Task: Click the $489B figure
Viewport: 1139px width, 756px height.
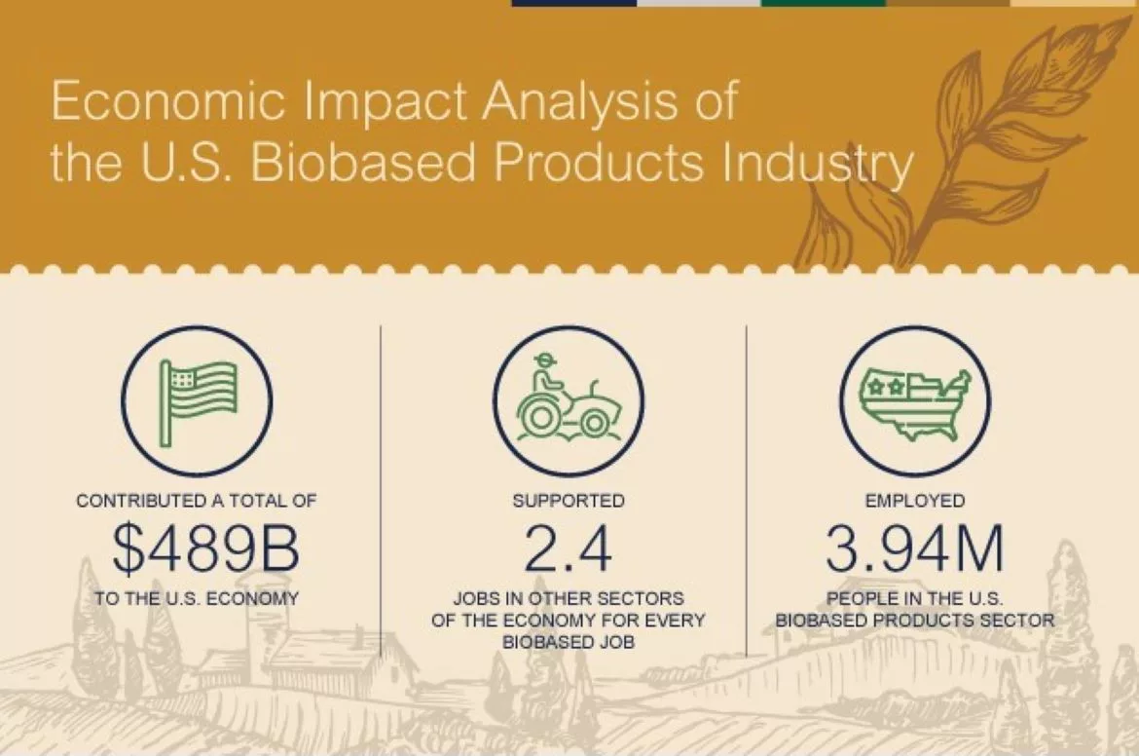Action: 205,549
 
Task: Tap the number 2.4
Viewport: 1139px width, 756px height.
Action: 569,549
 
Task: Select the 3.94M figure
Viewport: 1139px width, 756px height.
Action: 914,549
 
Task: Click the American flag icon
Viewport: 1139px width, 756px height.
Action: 199,400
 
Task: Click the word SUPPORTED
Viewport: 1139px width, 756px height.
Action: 569,501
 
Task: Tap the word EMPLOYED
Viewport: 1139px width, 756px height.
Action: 915,501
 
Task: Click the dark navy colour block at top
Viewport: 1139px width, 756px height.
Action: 573,3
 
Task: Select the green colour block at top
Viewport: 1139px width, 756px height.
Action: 823,3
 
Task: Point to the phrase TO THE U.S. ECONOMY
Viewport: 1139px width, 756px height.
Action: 197,598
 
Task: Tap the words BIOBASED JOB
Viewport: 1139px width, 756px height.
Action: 569,642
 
